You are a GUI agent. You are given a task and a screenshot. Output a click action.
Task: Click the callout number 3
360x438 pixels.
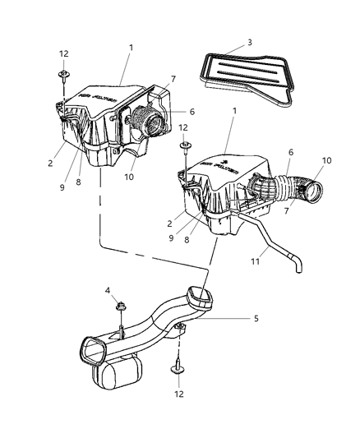point(249,41)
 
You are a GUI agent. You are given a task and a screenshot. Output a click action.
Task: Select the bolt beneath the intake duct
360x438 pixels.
point(178,371)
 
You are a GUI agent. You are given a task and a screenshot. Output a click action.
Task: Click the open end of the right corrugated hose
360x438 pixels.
point(312,196)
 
